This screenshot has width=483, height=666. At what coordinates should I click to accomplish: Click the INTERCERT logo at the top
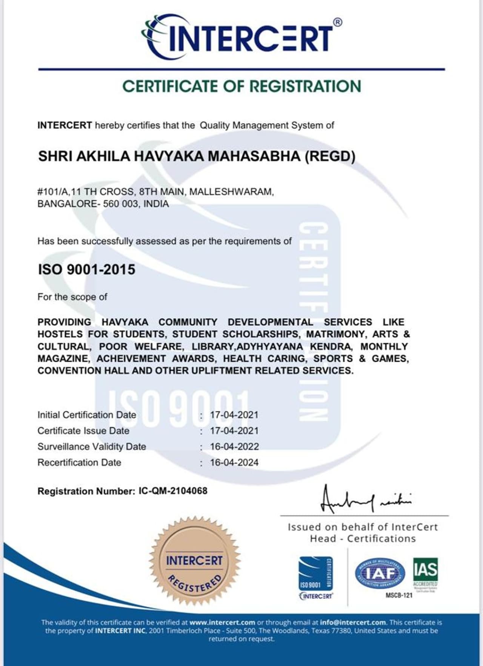click(241, 37)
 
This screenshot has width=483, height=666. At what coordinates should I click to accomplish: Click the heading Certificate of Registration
click(241, 86)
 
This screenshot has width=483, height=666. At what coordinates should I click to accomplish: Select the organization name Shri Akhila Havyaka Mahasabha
click(196, 156)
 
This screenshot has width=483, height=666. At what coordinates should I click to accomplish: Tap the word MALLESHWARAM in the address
click(231, 192)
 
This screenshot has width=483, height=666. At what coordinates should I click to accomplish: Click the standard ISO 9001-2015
click(86, 269)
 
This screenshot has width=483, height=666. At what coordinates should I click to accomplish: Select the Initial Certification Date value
click(234, 415)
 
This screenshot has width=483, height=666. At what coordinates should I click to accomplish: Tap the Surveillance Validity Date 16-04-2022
click(234, 447)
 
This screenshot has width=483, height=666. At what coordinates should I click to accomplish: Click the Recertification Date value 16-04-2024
click(234, 463)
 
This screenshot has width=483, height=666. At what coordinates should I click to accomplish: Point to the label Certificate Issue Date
click(83, 431)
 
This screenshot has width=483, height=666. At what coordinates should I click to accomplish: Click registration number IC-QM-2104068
click(173, 491)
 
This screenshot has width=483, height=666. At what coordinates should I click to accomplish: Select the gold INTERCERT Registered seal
click(195, 561)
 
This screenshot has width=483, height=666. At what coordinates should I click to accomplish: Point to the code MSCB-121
click(399, 595)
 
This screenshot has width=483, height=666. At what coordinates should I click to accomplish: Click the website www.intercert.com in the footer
click(222, 622)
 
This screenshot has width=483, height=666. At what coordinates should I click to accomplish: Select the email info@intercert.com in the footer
click(353, 622)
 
